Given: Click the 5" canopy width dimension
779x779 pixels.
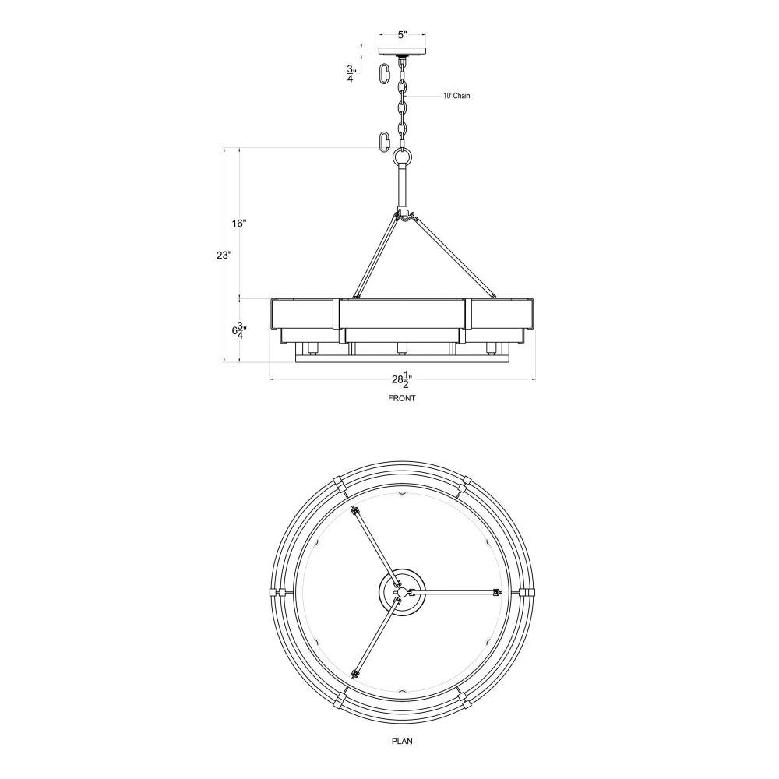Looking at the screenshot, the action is pos(403,35).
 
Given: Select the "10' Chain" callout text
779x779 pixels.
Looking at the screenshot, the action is pos(456,96).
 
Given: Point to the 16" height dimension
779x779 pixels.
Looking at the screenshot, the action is pos(239,224).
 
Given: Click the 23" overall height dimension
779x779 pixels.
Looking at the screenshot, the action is pos(224,256).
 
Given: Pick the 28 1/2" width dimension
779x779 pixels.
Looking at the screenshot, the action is pos(402,379).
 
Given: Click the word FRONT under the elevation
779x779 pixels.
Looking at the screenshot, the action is pos(401,398).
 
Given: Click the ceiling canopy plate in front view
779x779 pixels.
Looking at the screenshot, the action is pos(403,51).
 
